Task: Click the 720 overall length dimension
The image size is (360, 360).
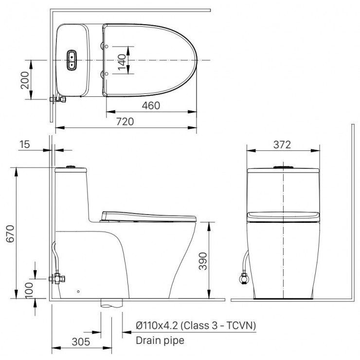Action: [125, 122]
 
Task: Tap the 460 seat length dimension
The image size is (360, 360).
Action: [151, 106]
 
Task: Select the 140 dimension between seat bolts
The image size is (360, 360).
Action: [122, 62]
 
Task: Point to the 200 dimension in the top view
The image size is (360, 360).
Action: [25, 80]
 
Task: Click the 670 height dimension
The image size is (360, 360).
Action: [10, 234]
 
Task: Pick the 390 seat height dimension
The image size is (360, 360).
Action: [203, 261]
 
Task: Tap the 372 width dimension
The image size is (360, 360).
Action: [282, 144]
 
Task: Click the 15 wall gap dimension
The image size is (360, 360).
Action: [24, 144]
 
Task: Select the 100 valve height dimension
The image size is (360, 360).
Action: [29, 290]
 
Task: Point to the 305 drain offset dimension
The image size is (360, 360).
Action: [81, 342]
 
